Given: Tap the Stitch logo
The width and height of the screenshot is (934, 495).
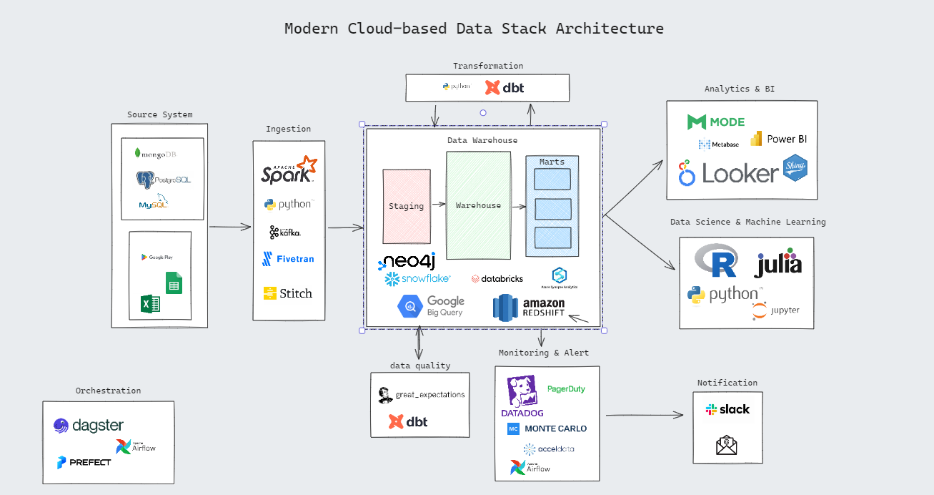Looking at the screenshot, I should pyautogui.click(x=288, y=293).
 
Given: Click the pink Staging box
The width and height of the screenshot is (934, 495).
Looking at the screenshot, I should pyautogui.click(x=407, y=205).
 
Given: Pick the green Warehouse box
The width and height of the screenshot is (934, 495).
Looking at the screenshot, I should pyautogui.click(x=478, y=205).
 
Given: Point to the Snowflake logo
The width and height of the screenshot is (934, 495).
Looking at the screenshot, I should pyautogui.click(x=417, y=278).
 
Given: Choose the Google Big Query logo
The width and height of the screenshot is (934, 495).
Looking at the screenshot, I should pyautogui.click(x=432, y=306).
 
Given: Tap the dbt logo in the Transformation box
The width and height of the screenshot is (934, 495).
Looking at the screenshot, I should pyautogui.click(x=505, y=88).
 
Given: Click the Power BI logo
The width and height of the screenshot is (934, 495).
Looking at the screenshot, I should pyautogui.click(x=778, y=139).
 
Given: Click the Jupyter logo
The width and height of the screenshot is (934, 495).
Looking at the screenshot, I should pyautogui.click(x=776, y=310).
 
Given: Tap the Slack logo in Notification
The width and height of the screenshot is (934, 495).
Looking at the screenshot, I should pyautogui.click(x=727, y=409).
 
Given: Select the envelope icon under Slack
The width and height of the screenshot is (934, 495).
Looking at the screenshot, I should pyautogui.click(x=727, y=446).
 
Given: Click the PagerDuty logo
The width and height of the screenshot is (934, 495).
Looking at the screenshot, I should pyautogui.click(x=566, y=389).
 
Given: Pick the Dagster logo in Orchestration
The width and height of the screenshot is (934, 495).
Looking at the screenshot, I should pyautogui.click(x=89, y=426).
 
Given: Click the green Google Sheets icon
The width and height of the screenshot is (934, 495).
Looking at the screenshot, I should pyautogui.click(x=174, y=283).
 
